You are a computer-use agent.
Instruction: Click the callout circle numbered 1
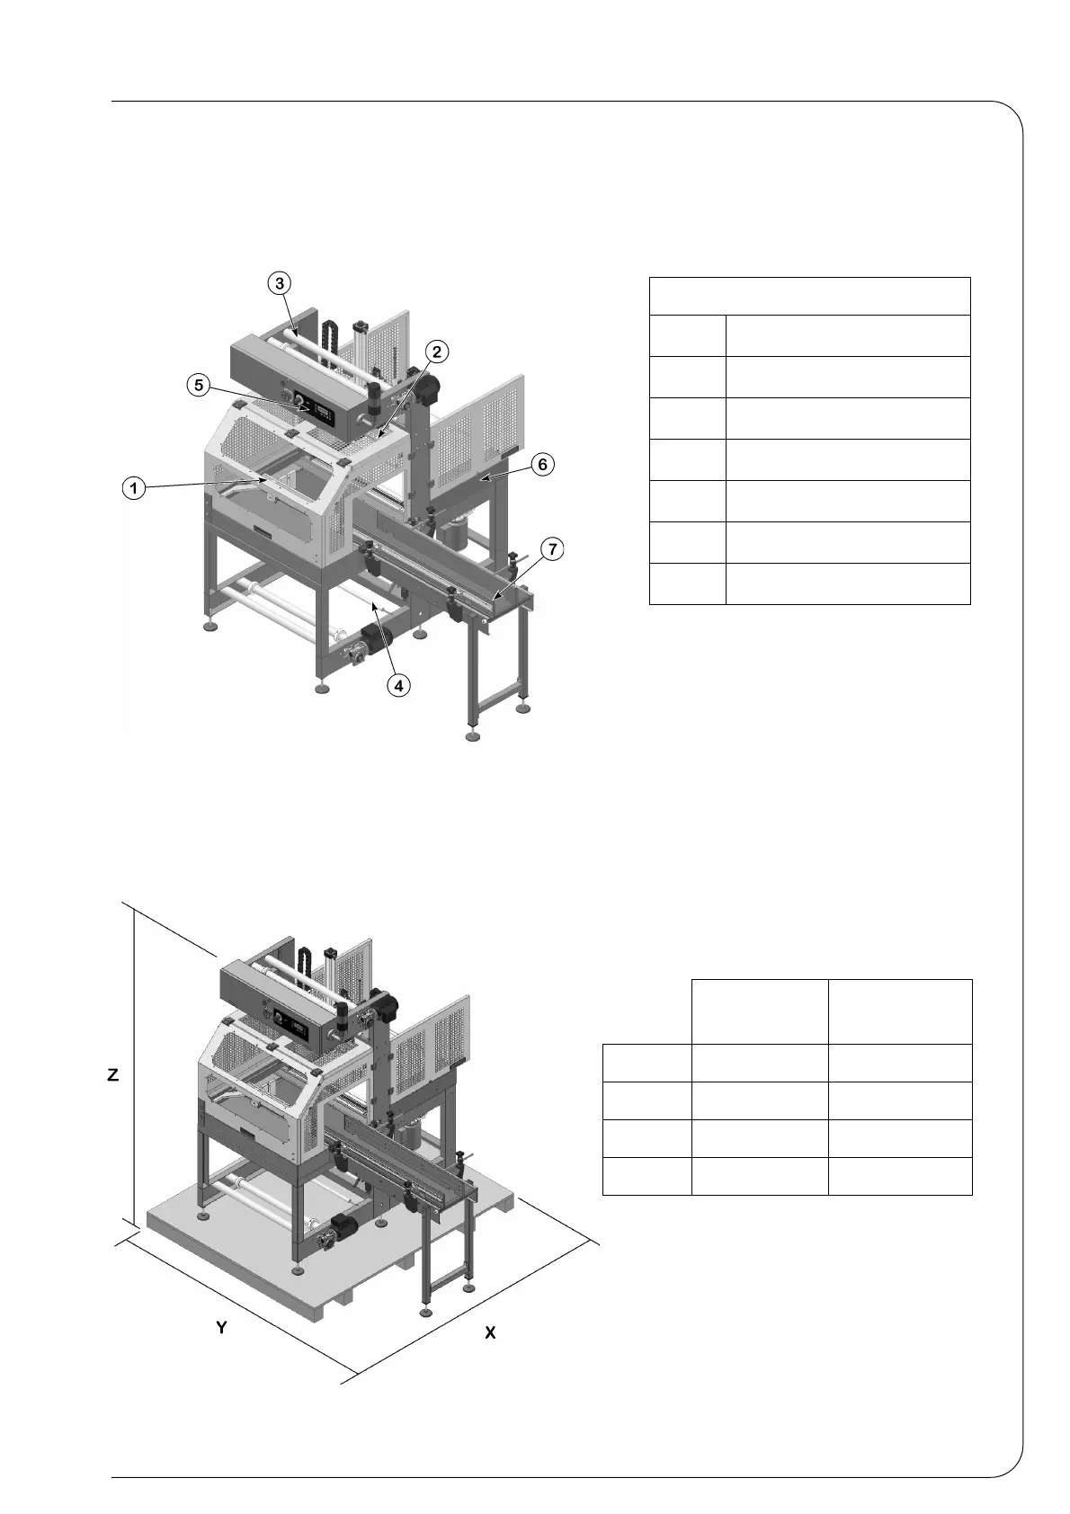[133, 488]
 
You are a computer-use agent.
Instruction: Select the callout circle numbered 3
[280, 282]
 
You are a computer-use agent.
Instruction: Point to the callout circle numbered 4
[398, 684]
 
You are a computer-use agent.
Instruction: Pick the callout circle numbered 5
[199, 385]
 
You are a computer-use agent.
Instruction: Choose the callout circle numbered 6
[541, 465]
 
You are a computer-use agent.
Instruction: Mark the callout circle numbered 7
[553, 548]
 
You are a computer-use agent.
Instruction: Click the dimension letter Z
[112, 1075]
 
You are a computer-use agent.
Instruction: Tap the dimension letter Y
[221, 1327]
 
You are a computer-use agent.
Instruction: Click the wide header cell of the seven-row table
[809, 296]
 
